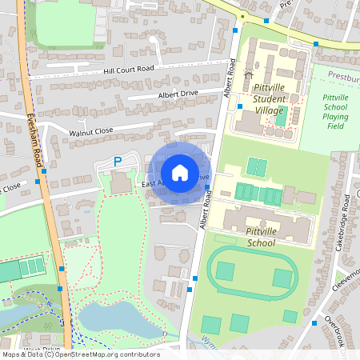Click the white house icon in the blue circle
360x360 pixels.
[179, 173]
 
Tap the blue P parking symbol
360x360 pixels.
[118, 162]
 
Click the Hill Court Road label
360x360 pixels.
[128, 70]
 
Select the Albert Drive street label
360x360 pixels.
[178, 93]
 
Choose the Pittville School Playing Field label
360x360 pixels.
[335, 111]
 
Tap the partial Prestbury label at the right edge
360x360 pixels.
[343, 80]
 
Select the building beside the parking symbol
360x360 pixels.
[122, 183]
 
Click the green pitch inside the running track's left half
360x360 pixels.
[225, 272]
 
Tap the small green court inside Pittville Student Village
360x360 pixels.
[281, 117]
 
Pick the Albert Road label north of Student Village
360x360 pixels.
[230, 78]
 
